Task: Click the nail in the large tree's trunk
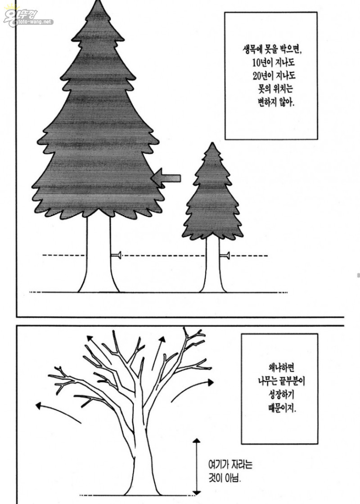[x=116, y=255]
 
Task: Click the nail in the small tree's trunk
[x=225, y=256]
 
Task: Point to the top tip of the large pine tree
[x=97, y=1]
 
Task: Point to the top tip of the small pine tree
[x=212, y=143]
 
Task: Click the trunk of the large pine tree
[x=99, y=254]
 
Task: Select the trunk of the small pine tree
[x=213, y=263]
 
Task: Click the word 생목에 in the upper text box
[x=252, y=49]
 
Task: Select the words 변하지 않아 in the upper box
[x=276, y=102]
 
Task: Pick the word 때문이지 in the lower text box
[x=282, y=408]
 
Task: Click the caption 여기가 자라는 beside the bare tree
[x=230, y=465]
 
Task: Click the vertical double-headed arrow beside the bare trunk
[x=196, y=467]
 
